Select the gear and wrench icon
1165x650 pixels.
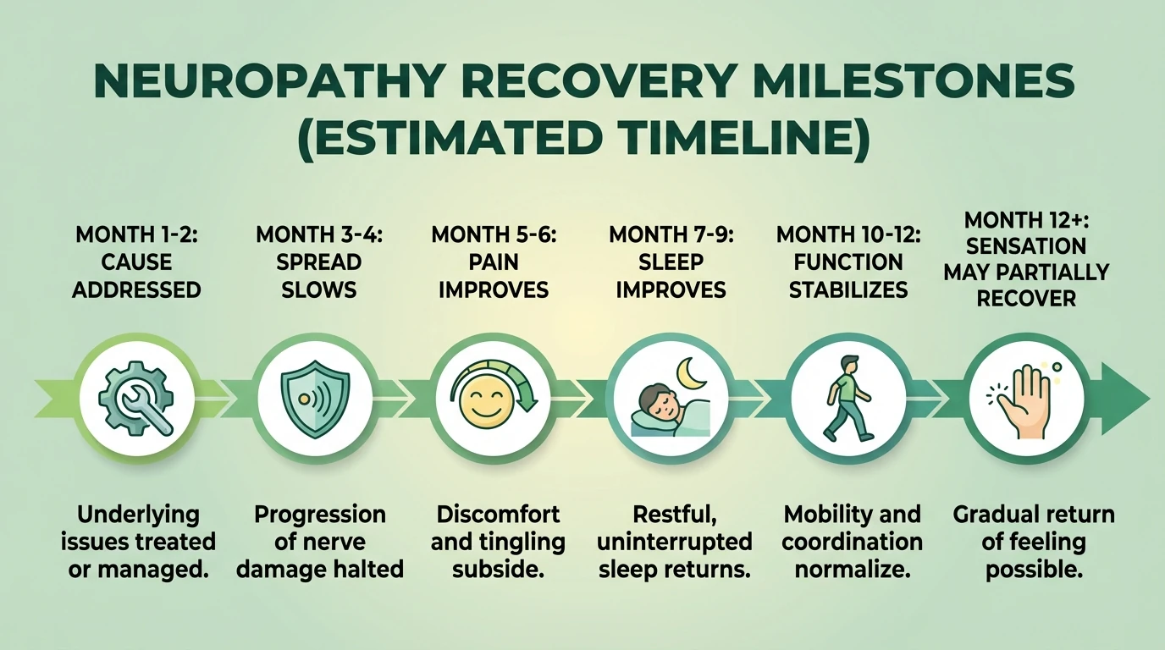coord(135,399)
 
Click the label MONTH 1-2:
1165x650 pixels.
coord(135,234)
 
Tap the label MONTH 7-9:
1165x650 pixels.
coord(671,234)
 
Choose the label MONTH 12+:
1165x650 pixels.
coord(1026,220)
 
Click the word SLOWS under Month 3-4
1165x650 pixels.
coord(318,289)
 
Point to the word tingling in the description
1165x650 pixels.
coord(526,542)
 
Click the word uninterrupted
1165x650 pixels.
coord(675,542)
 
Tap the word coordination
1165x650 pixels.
coord(852,542)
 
